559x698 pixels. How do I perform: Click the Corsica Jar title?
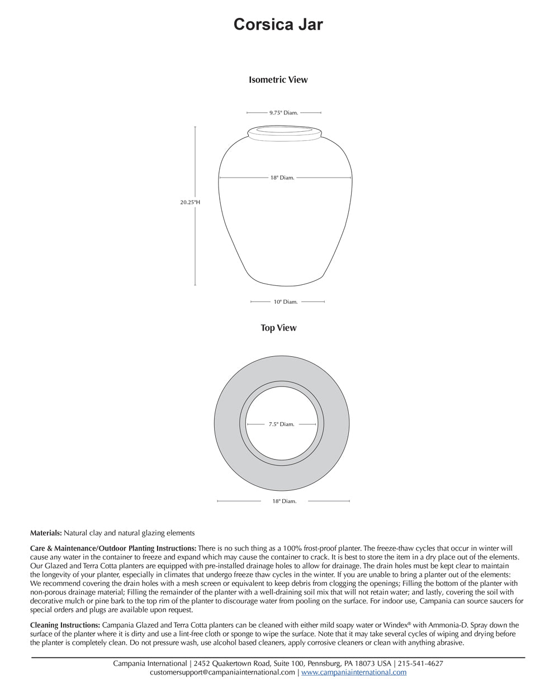(x=278, y=25)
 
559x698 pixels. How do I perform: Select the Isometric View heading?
(x=278, y=80)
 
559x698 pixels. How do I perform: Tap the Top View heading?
(x=278, y=328)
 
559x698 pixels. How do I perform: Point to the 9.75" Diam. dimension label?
(x=283, y=113)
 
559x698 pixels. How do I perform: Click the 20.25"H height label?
(x=190, y=203)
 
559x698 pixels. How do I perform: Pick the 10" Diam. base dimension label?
(x=286, y=302)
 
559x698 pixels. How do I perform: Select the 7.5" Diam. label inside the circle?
(x=281, y=424)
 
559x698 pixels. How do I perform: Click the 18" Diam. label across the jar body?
(x=282, y=178)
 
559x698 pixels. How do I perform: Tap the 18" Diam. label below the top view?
(x=285, y=501)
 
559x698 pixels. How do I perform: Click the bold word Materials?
(x=46, y=533)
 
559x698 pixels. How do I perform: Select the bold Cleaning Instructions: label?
(x=65, y=625)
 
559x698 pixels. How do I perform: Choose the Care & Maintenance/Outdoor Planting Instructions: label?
(x=113, y=548)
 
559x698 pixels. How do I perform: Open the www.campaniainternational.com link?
(x=354, y=673)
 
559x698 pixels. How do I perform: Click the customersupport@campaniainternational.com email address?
(x=222, y=673)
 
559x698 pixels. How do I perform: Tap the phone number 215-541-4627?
(x=420, y=664)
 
